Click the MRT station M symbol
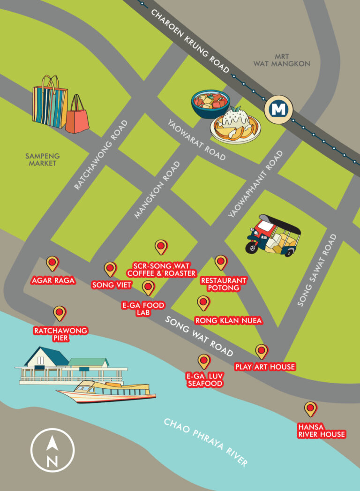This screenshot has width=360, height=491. (279, 110)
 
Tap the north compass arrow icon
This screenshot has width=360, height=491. (52, 451)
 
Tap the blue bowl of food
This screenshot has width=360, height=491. (210, 103)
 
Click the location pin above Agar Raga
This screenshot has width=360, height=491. (52, 264)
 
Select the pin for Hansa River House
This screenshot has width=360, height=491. (310, 409)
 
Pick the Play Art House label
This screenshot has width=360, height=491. (265, 367)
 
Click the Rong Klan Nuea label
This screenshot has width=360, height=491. (228, 321)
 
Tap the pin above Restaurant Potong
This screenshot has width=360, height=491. (221, 262)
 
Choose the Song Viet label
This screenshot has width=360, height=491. (112, 285)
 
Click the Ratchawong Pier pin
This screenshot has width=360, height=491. (60, 313)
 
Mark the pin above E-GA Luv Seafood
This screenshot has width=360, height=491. (204, 361)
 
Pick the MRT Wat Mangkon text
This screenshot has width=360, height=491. (282, 60)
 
